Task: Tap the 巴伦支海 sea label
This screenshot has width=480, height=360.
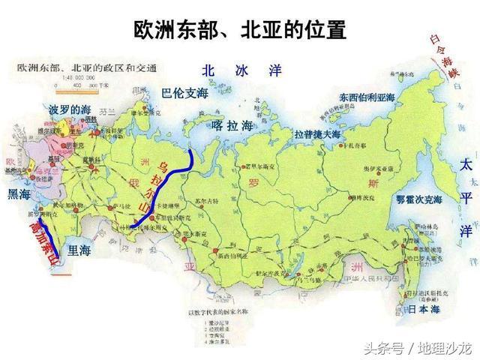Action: tap(184, 94)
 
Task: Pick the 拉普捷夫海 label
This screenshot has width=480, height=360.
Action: tap(317, 133)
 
